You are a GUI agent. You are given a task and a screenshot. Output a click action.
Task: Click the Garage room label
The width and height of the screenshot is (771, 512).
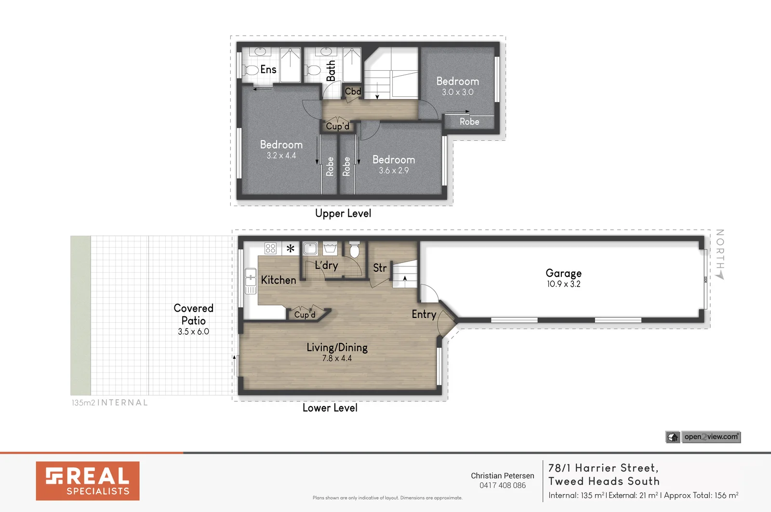pyautogui.click(x=563, y=273)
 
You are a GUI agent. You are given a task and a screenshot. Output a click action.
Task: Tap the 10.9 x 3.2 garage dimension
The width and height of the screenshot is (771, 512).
pyautogui.click(x=563, y=284)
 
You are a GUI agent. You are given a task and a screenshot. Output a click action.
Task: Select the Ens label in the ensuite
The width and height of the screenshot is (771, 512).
pyautogui.click(x=268, y=69)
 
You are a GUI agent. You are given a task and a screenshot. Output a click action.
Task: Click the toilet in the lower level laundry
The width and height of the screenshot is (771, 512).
pyautogui.click(x=355, y=250)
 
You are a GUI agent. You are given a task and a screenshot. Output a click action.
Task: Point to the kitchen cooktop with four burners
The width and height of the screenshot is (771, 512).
pyautogui.click(x=270, y=249)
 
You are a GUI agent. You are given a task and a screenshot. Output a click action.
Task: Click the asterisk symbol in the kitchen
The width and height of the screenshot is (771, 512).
pyautogui.click(x=291, y=249)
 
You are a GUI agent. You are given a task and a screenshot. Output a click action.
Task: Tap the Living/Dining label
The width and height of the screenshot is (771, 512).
pyautogui.click(x=337, y=347)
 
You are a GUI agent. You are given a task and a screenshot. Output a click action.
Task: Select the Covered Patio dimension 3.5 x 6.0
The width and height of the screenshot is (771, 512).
pyautogui.click(x=193, y=331)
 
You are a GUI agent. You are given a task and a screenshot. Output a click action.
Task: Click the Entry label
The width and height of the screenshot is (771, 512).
pyautogui.click(x=424, y=315)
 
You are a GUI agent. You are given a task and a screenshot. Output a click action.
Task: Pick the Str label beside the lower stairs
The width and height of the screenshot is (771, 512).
pyautogui.click(x=380, y=268)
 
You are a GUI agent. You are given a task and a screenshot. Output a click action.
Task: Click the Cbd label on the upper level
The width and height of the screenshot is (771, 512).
pyautogui.click(x=353, y=91)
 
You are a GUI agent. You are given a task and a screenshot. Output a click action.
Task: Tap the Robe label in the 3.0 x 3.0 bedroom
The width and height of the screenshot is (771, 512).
pyautogui.click(x=469, y=122)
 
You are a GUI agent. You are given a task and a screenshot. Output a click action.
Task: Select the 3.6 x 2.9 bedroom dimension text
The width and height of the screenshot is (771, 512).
pyautogui.click(x=393, y=171)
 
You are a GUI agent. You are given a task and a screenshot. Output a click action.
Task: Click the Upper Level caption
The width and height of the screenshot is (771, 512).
pyautogui.click(x=343, y=213)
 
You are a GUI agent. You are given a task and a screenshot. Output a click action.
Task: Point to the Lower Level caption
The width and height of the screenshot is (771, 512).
pyautogui.click(x=330, y=408)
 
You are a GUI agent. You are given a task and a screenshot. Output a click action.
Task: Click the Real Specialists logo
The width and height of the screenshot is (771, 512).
pyautogui.click(x=88, y=481)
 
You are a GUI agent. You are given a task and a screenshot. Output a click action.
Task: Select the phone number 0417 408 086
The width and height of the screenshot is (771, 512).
pyautogui.click(x=502, y=486)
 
